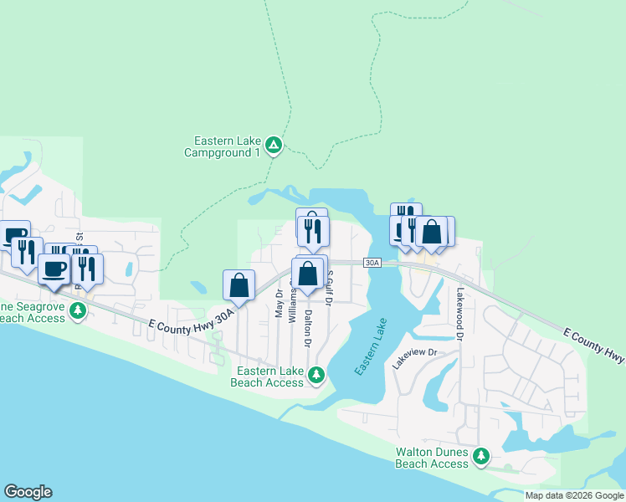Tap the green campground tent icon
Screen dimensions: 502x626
coord(273,146)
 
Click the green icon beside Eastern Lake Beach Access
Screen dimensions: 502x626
coord(316,375)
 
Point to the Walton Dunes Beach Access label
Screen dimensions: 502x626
coord(431,458)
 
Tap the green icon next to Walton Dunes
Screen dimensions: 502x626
coord(480,456)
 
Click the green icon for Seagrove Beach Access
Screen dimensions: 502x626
coord(78,311)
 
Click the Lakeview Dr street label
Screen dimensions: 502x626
coord(415,358)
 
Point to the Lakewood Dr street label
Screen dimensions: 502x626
coord(459,314)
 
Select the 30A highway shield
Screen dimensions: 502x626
coord(372,263)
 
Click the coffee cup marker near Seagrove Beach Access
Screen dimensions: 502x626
coord(54,269)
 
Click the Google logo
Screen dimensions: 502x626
coord(28,492)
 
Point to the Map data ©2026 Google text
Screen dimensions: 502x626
coord(573,494)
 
